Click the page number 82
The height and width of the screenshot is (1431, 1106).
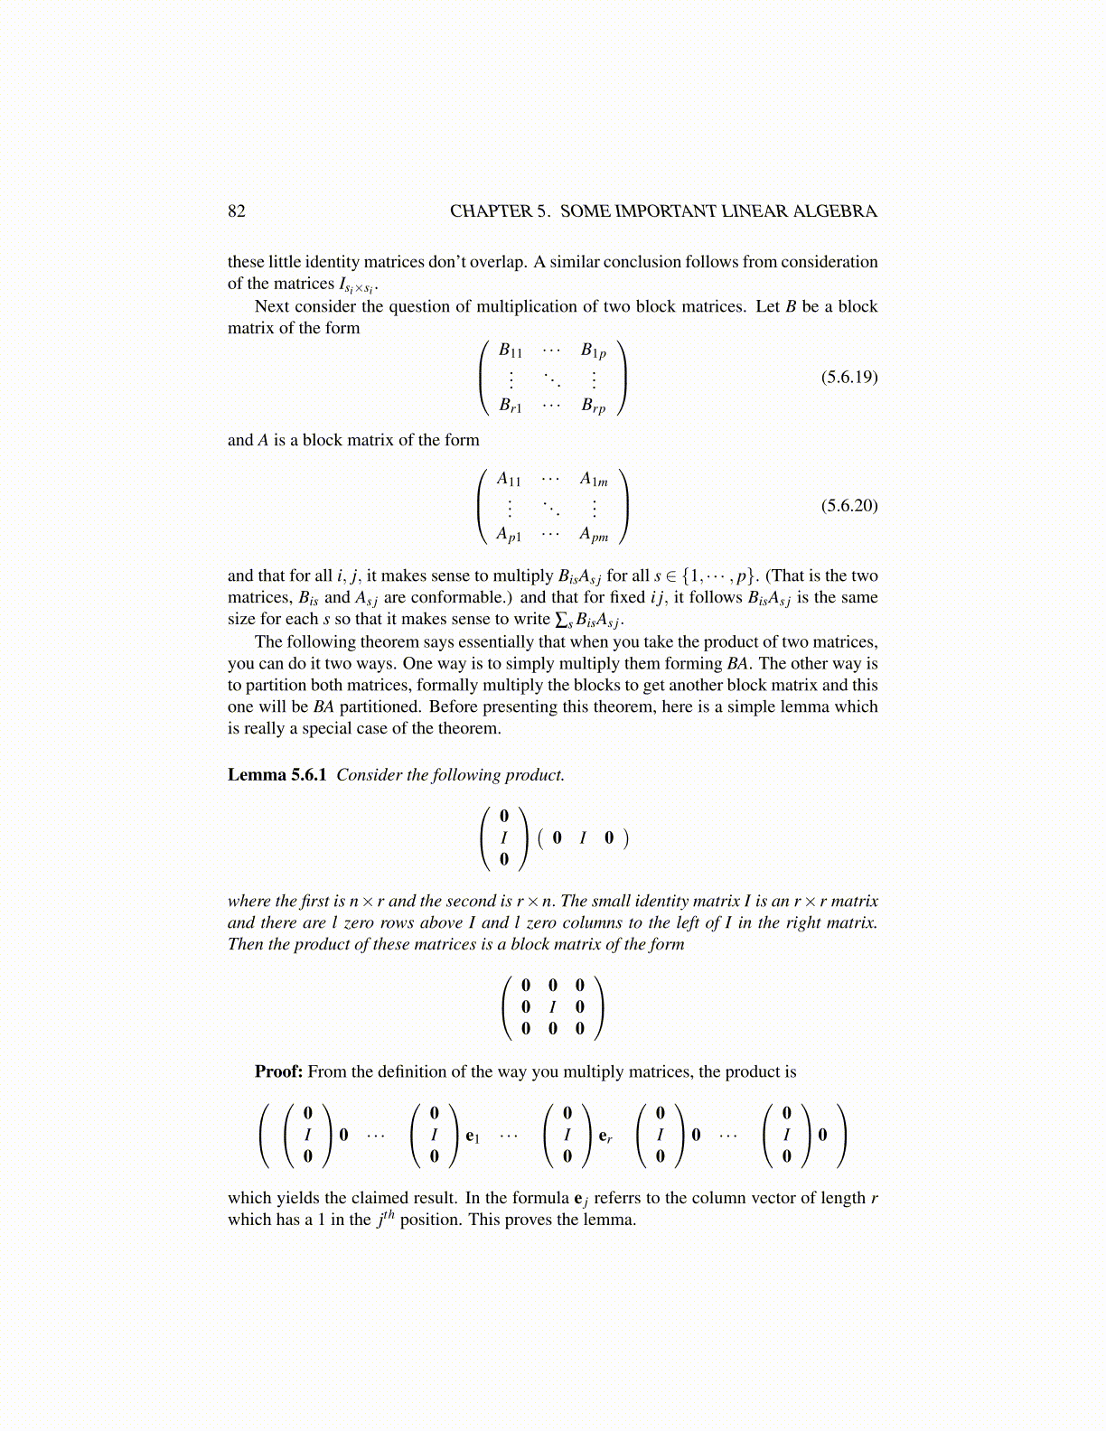(x=236, y=211)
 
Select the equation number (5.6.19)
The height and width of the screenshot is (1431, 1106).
(x=848, y=377)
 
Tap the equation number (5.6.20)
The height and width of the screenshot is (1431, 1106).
(x=848, y=505)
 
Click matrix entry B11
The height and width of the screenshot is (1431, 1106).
(x=511, y=351)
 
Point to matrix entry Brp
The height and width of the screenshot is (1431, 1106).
(x=593, y=406)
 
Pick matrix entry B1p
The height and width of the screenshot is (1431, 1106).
(x=593, y=351)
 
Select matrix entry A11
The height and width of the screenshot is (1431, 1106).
(x=509, y=479)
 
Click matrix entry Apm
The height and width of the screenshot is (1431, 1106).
(x=594, y=535)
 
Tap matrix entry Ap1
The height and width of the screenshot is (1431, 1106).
(x=509, y=535)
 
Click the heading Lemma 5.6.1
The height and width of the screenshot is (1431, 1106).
(x=276, y=775)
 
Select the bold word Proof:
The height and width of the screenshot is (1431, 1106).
(x=278, y=1071)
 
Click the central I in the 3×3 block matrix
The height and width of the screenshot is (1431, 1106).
(x=553, y=1006)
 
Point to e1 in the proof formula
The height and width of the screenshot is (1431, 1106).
(x=473, y=1136)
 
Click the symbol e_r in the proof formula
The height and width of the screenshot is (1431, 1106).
(x=605, y=1136)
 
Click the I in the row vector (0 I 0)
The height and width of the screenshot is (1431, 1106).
(x=583, y=837)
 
